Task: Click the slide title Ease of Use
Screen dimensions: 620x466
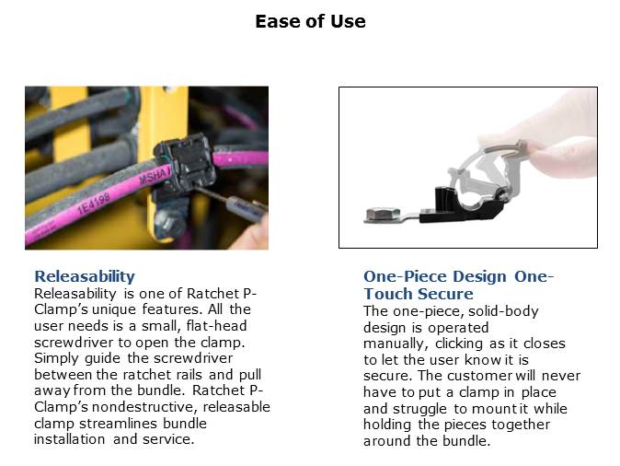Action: pos(310,21)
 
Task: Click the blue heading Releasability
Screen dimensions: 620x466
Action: pos(85,276)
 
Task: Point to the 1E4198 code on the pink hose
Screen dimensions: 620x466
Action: pos(93,204)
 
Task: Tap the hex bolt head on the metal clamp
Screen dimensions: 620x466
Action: pos(382,215)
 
